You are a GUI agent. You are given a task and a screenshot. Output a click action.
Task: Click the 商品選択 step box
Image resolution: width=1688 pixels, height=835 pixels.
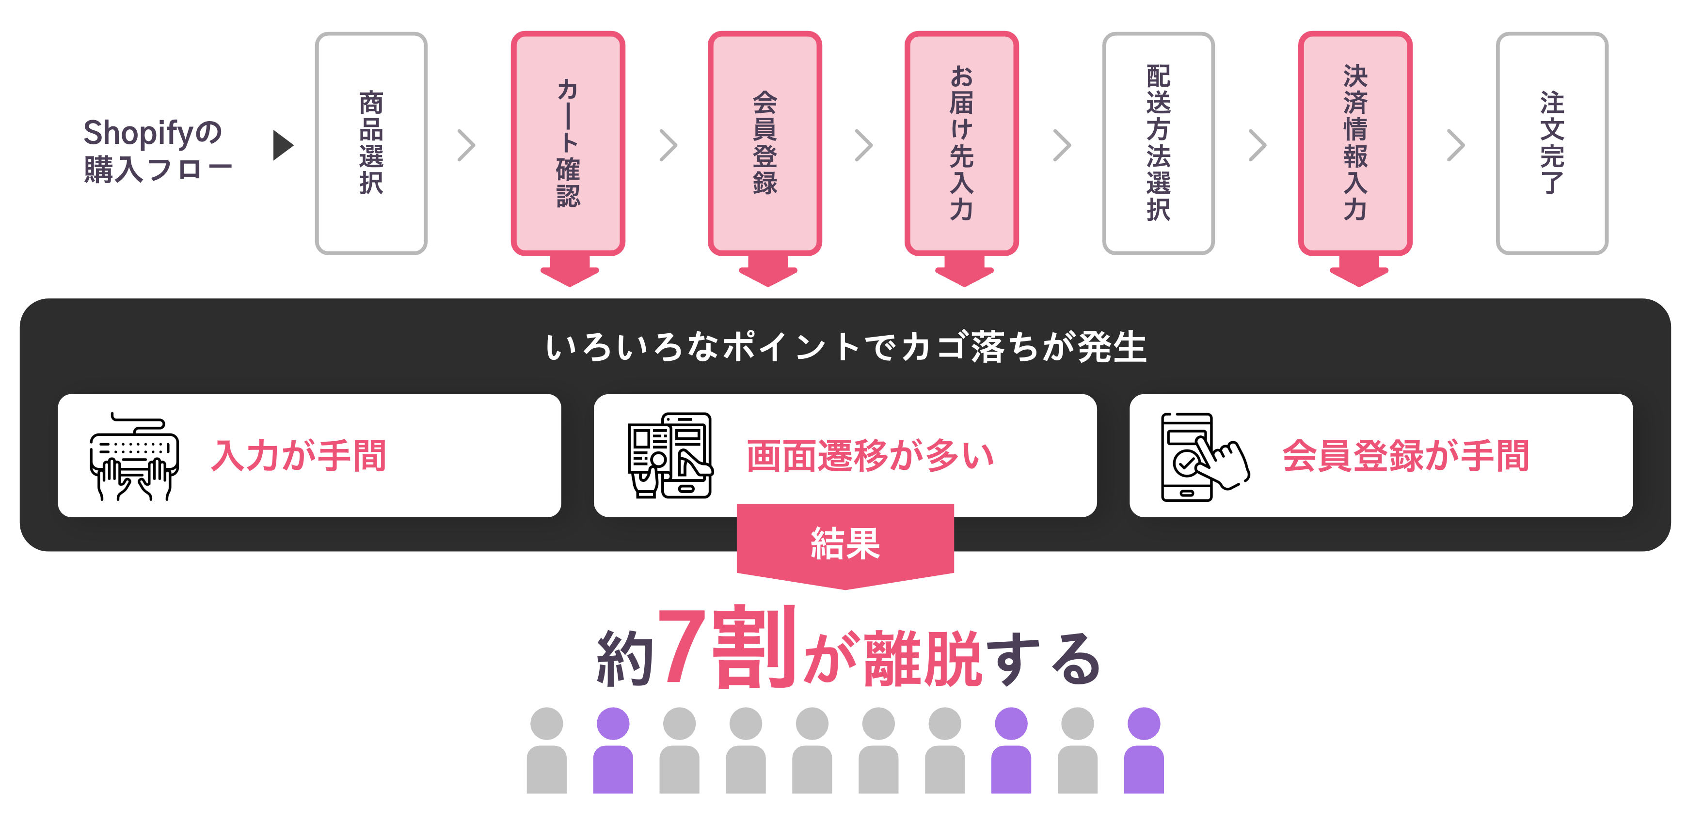pos(371,143)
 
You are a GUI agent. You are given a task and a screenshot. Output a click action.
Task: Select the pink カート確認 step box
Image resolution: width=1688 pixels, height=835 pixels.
pos(568,143)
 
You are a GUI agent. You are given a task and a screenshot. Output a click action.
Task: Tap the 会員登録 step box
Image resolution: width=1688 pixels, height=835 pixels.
pos(764,143)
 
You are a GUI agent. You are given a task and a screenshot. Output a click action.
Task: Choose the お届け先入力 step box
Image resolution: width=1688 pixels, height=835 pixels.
pos(961,143)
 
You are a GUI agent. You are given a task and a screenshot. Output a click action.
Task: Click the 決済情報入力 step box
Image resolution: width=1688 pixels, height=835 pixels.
pos(1355,143)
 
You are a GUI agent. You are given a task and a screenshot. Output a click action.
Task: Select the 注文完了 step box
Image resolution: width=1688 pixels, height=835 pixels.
pos(1552,143)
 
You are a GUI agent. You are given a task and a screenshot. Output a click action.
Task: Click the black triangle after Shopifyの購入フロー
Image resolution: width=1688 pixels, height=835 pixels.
pos(283,145)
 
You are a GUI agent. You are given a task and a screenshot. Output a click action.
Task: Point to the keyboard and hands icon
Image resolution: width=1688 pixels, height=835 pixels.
pos(134,456)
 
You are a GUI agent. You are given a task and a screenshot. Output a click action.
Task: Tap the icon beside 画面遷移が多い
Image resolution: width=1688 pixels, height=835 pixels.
pos(669,456)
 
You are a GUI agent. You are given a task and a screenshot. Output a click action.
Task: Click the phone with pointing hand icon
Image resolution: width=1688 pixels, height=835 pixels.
pos(1204,456)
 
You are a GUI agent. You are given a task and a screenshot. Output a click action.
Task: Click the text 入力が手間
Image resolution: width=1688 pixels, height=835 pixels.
pos(299,456)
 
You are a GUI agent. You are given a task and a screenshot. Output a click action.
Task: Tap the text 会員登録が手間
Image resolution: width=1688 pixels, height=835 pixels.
pos(1405,456)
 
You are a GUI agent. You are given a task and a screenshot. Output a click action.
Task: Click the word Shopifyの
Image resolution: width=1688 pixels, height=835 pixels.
pos(153,132)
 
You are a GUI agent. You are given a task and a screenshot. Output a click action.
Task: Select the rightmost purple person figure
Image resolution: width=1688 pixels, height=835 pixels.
pos(1144,751)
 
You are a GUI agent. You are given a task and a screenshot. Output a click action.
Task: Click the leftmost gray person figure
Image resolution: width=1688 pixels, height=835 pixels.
pos(546,751)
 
